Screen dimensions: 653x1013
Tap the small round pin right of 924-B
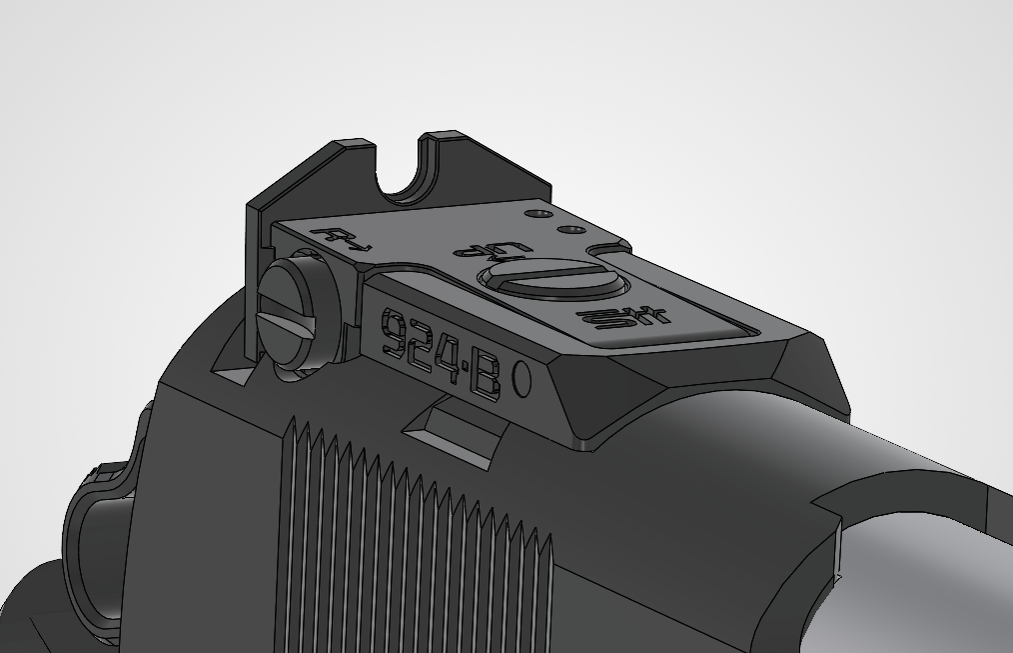coord(520,380)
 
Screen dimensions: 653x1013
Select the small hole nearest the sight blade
coord(539,214)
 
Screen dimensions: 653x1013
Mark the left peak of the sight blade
coord(352,146)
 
